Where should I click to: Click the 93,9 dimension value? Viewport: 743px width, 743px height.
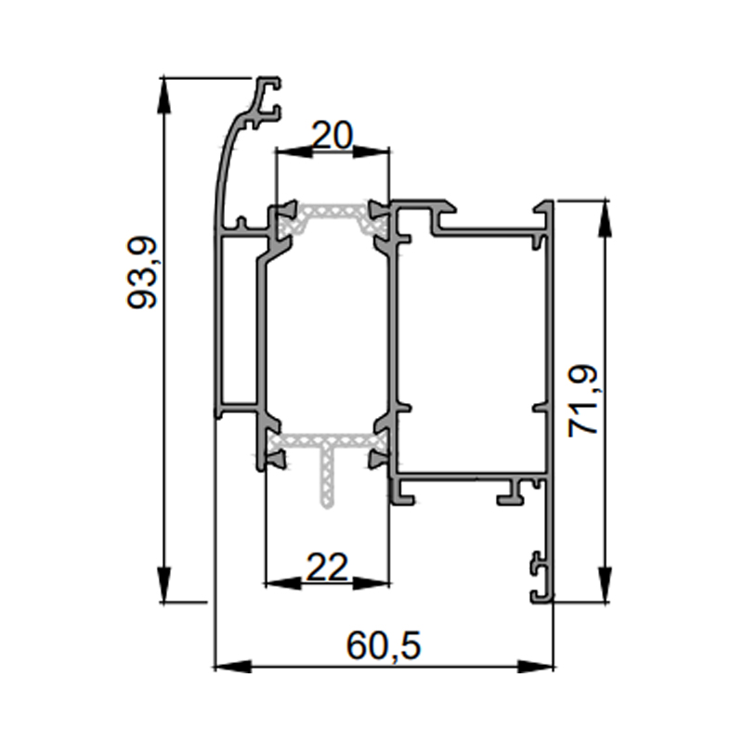[x=142, y=273]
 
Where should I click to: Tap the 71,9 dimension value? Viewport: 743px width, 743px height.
[x=583, y=401]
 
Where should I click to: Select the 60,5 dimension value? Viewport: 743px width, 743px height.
[x=384, y=645]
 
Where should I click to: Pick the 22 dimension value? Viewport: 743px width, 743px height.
[x=328, y=567]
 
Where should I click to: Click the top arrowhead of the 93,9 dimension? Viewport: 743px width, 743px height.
[x=164, y=96]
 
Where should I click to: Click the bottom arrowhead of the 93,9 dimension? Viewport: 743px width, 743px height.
[x=164, y=584]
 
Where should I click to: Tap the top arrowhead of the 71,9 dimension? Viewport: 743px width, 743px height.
[x=605, y=219]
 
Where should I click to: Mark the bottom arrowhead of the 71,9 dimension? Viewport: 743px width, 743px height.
[x=605, y=584]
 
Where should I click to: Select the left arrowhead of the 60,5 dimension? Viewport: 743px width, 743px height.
[x=233, y=666]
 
